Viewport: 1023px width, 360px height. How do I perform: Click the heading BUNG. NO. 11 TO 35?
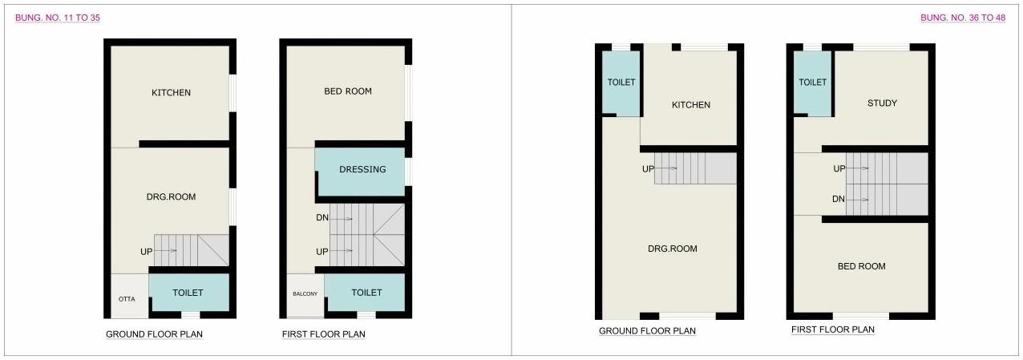coord(58,17)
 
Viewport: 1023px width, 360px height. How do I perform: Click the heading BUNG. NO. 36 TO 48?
coord(963,17)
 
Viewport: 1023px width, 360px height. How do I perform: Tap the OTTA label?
coord(127,299)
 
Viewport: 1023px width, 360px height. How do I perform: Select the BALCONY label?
coord(305,294)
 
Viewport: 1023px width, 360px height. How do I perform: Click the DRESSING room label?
coord(362,169)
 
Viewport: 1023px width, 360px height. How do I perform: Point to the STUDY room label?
coord(882,103)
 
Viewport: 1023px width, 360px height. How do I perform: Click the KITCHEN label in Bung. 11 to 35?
coord(172,92)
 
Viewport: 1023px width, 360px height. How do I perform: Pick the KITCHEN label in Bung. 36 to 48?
coord(691,105)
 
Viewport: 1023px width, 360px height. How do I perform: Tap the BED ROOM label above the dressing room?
coord(348,91)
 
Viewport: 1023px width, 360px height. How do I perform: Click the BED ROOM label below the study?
coord(861,266)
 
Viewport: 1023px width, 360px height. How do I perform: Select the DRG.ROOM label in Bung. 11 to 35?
coord(171,196)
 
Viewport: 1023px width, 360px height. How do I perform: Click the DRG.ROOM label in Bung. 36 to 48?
coord(673,249)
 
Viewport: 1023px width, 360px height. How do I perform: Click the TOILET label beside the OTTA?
coord(188,293)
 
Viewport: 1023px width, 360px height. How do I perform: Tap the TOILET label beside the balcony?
coord(366,293)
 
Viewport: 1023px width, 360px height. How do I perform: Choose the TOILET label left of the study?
coord(813,83)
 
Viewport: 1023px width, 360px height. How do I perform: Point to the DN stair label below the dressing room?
coord(322,217)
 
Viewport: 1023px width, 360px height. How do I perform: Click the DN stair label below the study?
coord(839,199)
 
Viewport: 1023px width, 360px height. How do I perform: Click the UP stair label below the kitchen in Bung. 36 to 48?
coord(648,169)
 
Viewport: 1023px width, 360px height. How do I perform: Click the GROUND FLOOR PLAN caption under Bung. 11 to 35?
coord(154,334)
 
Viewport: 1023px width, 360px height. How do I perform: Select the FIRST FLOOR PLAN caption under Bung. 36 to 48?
coord(833,330)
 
